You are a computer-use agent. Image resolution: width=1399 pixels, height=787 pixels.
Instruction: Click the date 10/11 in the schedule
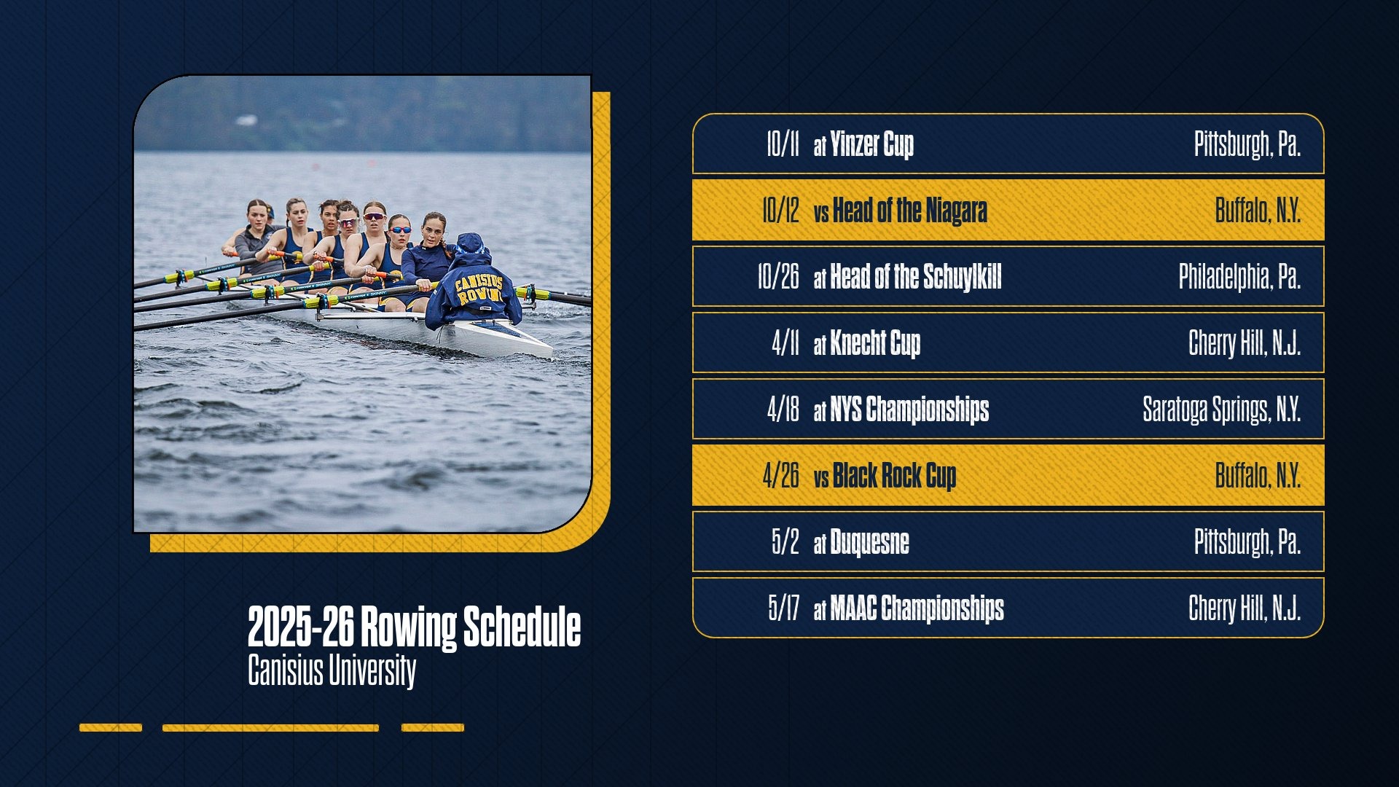point(782,144)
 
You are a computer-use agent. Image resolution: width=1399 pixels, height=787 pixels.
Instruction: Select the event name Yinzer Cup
point(871,144)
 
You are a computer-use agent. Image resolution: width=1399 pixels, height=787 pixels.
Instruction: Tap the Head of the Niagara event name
point(909,211)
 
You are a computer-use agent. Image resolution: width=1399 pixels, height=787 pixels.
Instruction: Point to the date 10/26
point(777,277)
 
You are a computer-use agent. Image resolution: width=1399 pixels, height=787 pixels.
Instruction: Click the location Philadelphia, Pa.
point(1239,277)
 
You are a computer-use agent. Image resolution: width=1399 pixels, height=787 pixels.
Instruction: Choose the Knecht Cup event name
point(875,343)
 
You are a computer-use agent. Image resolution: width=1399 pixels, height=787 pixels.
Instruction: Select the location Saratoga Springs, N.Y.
point(1221,410)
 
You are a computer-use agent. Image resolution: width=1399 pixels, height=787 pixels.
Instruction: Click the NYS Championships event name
point(909,410)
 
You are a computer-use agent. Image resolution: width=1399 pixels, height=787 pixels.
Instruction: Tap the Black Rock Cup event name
point(894,476)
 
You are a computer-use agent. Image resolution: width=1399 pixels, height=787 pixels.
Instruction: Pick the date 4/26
point(780,476)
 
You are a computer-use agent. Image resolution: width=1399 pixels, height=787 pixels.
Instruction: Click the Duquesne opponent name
point(869,542)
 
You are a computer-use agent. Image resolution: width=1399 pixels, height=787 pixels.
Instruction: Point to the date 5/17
point(783,608)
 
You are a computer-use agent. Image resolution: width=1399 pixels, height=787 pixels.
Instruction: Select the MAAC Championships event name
point(917,608)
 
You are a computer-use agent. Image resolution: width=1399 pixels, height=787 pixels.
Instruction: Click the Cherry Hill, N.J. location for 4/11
point(1245,343)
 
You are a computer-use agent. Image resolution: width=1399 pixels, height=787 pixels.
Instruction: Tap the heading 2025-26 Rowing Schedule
point(414,627)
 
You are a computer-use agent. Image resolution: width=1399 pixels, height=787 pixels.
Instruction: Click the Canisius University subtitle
point(332,670)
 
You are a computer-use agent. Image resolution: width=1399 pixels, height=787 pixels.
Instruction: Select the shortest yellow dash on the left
point(111,727)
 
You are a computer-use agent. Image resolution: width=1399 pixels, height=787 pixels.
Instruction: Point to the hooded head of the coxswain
point(470,246)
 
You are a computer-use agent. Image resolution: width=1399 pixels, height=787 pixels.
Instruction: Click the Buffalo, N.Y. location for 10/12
point(1258,211)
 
